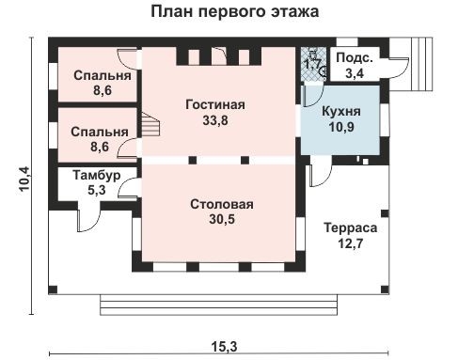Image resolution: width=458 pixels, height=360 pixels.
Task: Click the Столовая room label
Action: tap(222, 204)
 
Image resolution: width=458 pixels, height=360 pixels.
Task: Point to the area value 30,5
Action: tap(222, 220)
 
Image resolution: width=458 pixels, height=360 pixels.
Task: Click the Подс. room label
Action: tap(356, 57)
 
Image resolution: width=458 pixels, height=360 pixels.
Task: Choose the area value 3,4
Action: tap(356, 71)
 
